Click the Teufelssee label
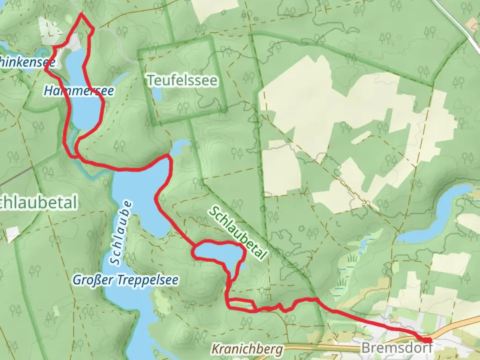182,80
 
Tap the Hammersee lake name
79,91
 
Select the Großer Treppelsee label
125,280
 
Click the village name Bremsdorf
397,348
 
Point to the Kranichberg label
247,349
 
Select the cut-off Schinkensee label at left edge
27,62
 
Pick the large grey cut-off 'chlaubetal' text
38,203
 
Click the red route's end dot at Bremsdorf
427,340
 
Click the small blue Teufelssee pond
157,96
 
